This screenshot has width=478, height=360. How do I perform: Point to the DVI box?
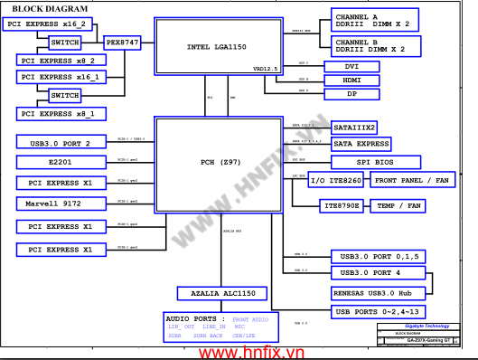point(351,67)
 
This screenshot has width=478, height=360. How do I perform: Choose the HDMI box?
point(351,81)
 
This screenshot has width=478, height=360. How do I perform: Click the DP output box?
point(351,94)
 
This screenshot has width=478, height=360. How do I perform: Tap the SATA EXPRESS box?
point(361,144)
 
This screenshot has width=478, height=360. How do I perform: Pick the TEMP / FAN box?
point(398,206)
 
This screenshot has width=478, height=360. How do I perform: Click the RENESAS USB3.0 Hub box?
point(367,293)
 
